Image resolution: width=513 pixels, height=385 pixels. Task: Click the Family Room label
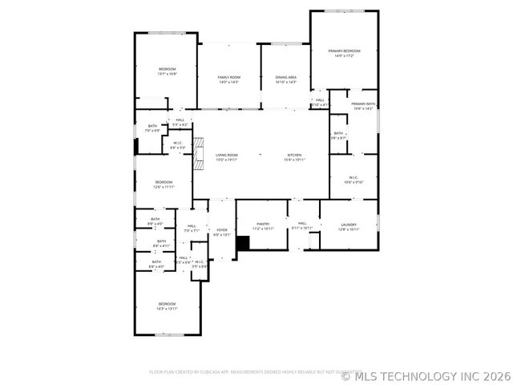click(228, 77)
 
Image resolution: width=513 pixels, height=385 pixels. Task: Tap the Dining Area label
click(286, 77)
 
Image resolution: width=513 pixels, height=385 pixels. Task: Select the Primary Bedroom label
click(344, 51)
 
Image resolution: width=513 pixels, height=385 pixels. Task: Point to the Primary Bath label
click(363, 103)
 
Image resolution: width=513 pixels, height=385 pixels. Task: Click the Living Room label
click(227, 155)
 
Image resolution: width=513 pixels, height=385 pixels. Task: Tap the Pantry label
click(263, 224)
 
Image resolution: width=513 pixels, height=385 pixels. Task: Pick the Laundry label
click(348, 225)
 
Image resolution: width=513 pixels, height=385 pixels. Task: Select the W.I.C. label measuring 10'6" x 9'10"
click(353, 177)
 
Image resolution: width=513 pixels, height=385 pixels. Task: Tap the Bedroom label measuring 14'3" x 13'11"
click(167, 303)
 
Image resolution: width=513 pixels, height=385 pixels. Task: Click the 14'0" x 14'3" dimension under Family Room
click(228, 82)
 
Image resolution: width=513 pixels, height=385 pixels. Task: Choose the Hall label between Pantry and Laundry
click(302, 224)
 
